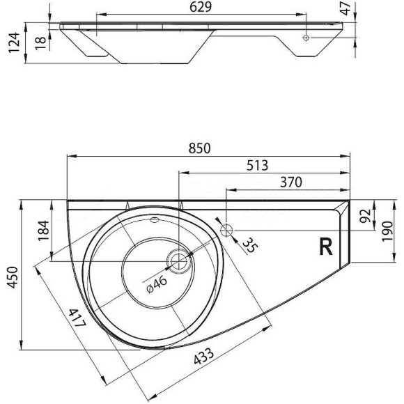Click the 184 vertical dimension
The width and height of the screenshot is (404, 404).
pyautogui.click(x=42, y=231)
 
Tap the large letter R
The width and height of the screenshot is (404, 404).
pyautogui.click(x=325, y=247)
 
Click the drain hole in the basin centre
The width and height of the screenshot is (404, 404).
pyautogui.click(x=178, y=262)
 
